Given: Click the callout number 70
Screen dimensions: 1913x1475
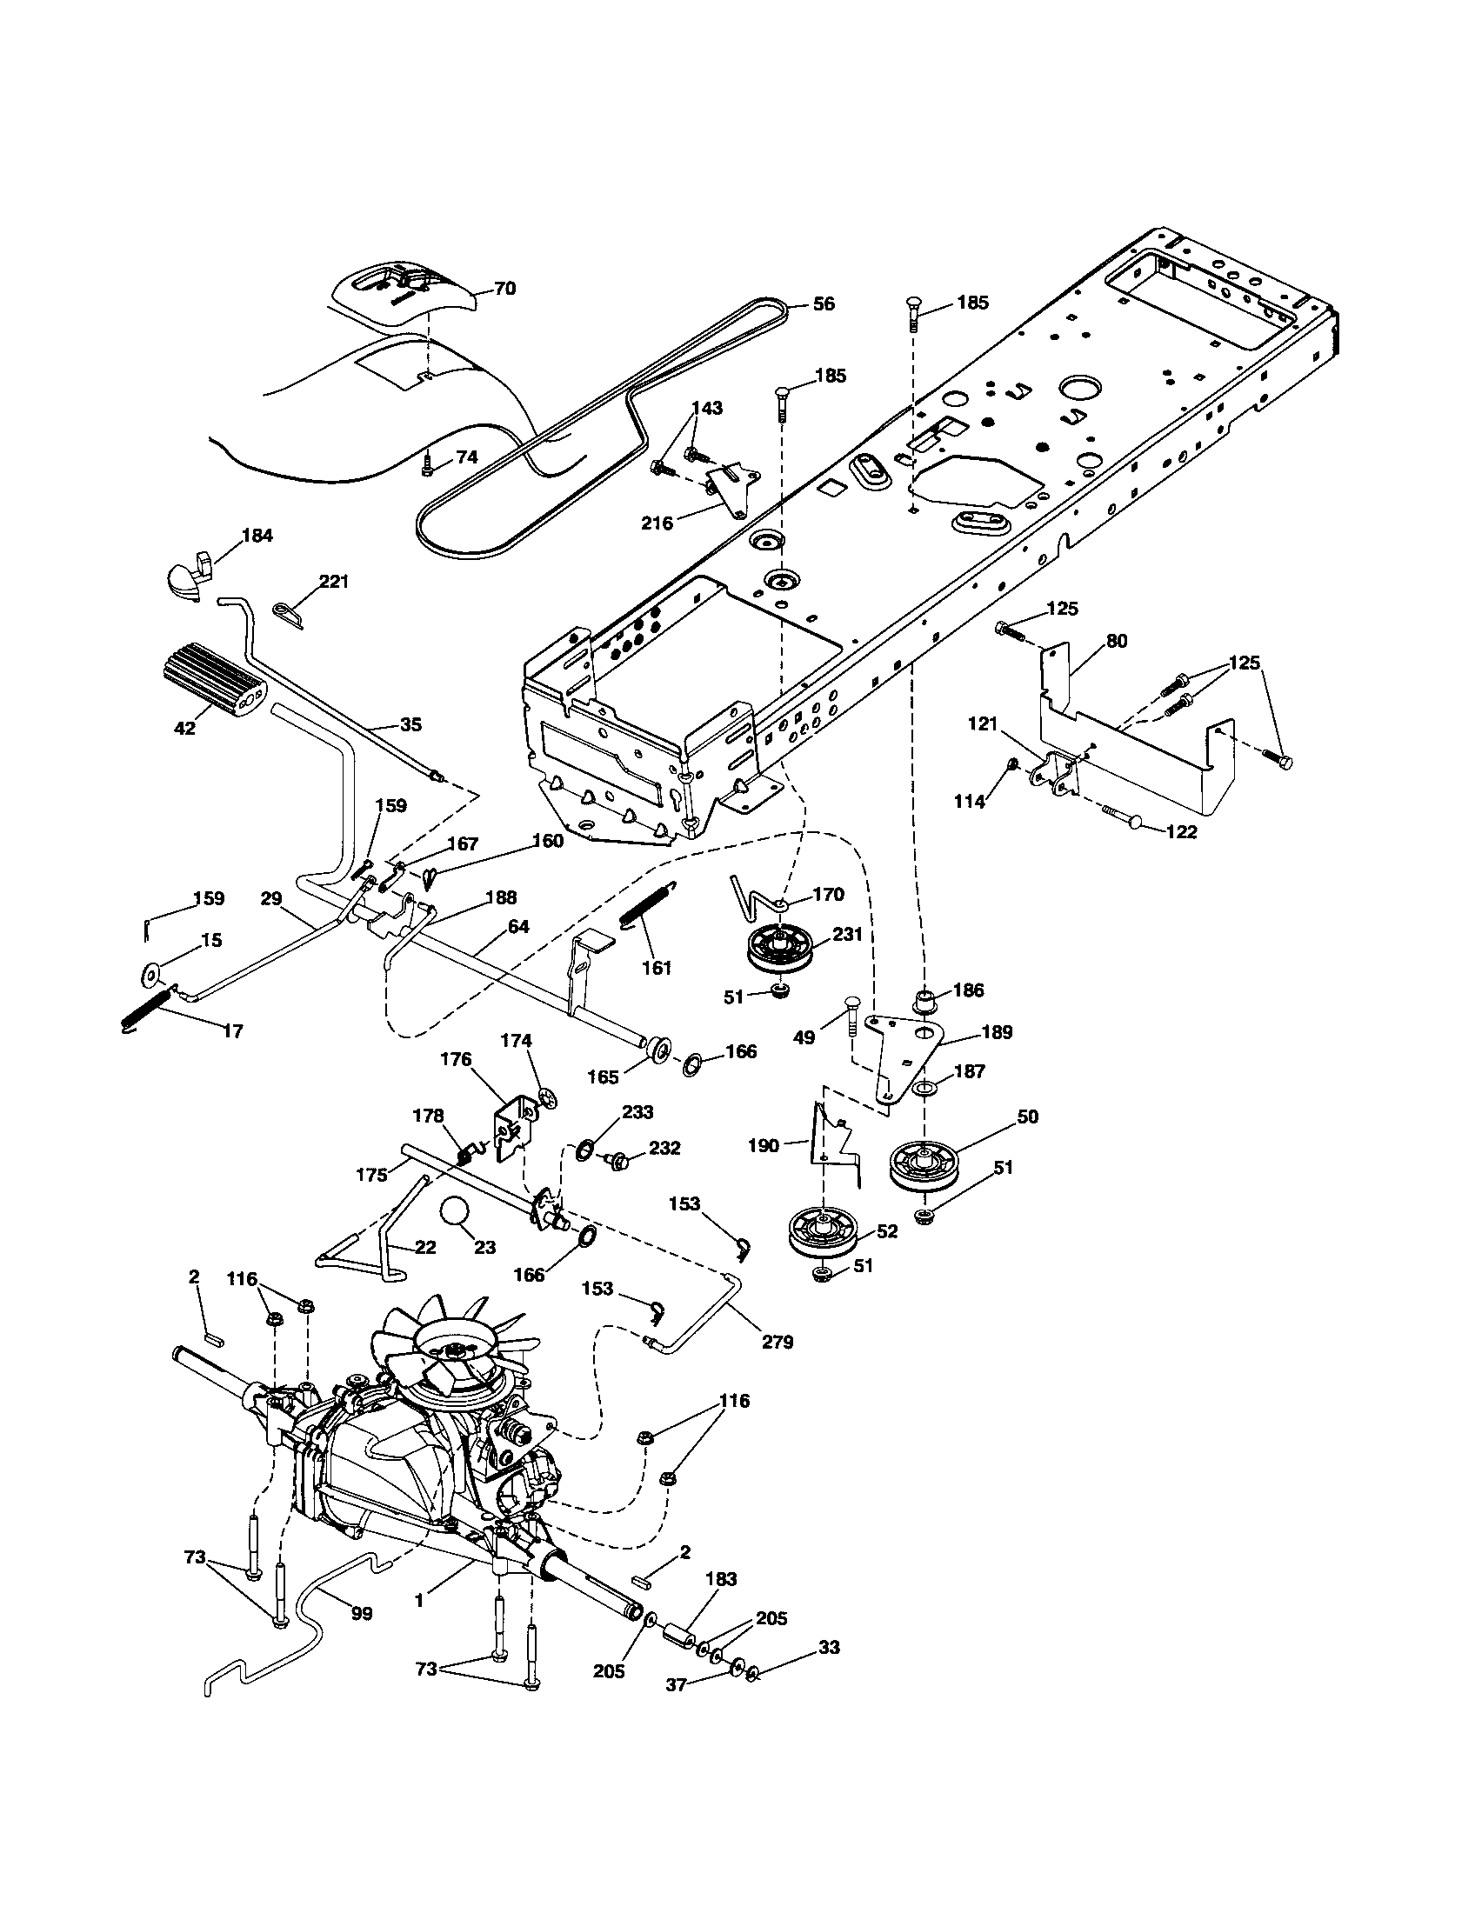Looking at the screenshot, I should pos(504,288).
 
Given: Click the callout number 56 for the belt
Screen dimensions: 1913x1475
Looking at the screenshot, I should pos(823,304).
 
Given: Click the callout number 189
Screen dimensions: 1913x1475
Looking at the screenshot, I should pos(996,1032).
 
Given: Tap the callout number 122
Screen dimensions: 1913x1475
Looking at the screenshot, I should pos(1181,831).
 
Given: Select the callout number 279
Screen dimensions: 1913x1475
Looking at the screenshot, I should pos(777,1341).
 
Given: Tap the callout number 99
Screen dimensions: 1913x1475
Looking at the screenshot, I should pos(361,1612).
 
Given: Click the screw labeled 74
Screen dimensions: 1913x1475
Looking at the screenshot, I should pos(427,467).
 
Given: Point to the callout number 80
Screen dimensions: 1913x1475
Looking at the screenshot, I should pos(1116,640).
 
